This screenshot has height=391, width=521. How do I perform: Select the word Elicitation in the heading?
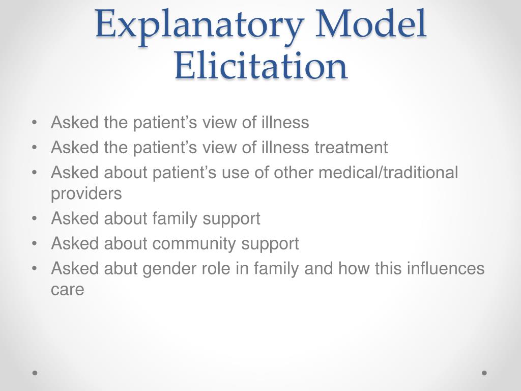click(x=260, y=66)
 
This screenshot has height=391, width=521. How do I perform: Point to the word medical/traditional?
click(x=388, y=173)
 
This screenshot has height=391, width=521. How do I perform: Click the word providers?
click(x=86, y=194)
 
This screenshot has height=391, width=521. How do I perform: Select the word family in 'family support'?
click(x=176, y=219)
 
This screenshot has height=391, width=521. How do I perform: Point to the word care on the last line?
click(x=67, y=290)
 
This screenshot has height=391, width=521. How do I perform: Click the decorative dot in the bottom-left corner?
click(x=35, y=373)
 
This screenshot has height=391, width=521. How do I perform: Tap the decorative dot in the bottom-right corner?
click(x=484, y=373)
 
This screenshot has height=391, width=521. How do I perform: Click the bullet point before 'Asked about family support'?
click(x=34, y=219)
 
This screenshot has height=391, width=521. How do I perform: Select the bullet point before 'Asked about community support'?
click(x=34, y=244)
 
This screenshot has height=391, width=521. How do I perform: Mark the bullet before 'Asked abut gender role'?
click(x=34, y=268)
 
